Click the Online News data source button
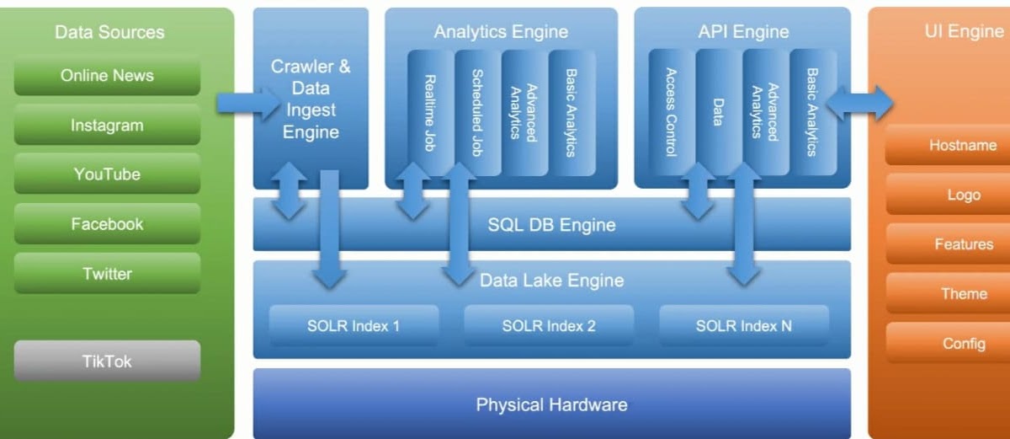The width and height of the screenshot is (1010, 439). point(107,76)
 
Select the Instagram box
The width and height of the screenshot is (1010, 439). point(107,126)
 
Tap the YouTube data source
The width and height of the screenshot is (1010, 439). point(107,174)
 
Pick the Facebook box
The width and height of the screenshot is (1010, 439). point(107,224)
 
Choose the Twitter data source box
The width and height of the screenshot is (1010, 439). point(107,274)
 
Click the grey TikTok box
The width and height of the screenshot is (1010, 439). point(107,361)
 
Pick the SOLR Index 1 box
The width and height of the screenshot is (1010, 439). point(353,326)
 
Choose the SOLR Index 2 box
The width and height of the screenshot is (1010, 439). point(549,326)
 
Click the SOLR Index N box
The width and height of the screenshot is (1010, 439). point(744,326)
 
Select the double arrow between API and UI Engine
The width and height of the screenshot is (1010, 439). point(859,103)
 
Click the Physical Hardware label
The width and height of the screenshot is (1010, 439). point(551,404)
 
